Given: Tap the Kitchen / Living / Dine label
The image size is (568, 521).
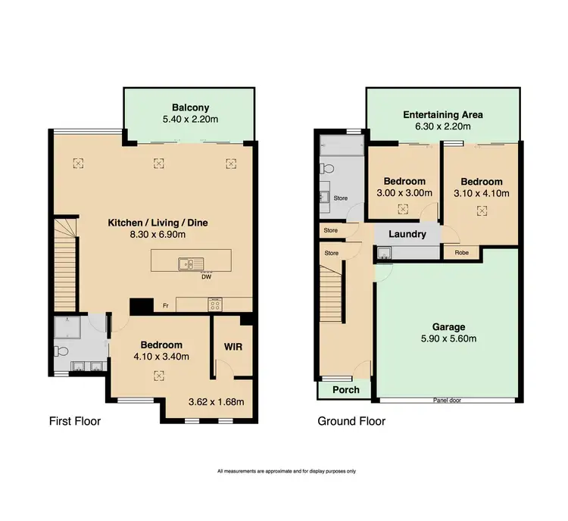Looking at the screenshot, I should point(157,223).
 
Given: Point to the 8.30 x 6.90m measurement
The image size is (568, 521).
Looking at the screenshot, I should point(157,236).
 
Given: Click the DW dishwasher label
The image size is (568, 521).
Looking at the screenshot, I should point(205,276).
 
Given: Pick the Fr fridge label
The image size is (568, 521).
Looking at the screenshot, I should point(166,306).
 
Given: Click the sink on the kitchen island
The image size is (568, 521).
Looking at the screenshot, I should point(186,264).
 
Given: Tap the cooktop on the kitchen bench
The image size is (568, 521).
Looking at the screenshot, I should point(214,305).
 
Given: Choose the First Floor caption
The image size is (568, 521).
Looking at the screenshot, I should point(75,421).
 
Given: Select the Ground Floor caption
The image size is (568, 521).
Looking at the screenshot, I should point(351,421).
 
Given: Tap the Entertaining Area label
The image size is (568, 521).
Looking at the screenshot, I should point(442,115).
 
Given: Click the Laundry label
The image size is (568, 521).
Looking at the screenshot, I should point(407,235).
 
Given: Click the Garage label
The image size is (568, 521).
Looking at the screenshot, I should point(449,327).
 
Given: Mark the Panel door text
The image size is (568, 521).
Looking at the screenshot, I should point(447,400).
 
